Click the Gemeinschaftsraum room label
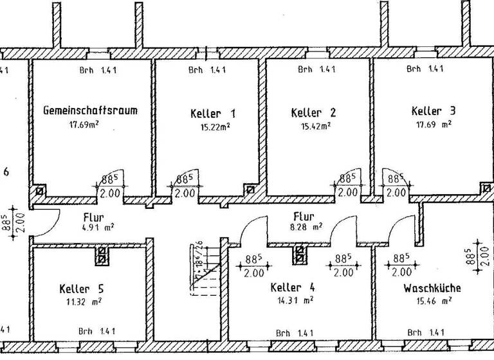tap(90, 110)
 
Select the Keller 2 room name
tap(313, 112)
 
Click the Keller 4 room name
tap(293, 287)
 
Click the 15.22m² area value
tap(215, 127)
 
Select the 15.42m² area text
tap(315, 126)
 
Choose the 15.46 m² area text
tap(434, 300)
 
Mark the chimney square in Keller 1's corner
tap(249, 190)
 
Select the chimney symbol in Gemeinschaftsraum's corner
tap(40, 191)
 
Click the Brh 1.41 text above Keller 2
tap(317, 69)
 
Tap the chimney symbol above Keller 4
tap(300, 255)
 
